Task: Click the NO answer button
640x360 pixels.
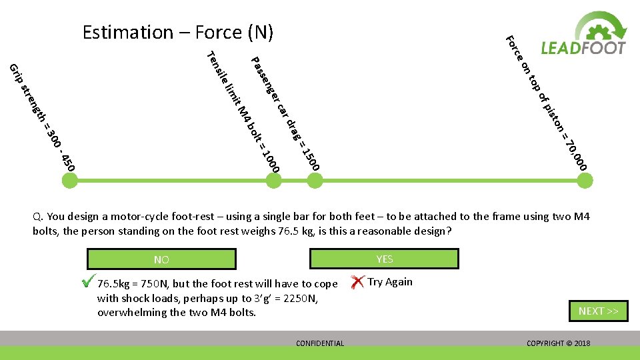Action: click(x=161, y=259)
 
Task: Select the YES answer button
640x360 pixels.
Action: click(x=385, y=259)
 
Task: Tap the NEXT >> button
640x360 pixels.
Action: click(x=598, y=311)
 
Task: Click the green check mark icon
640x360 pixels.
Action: click(x=86, y=282)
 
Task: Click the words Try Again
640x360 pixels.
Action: click(x=390, y=281)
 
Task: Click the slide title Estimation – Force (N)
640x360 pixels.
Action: click(x=178, y=32)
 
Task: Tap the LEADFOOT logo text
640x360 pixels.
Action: click(x=583, y=48)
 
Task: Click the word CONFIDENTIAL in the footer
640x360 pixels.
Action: click(x=320, y=343)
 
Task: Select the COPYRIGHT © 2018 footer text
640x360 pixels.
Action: click(x=558, y=343)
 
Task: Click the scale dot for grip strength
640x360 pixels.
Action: click(x=71, y=180)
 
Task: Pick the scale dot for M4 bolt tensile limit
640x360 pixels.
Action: click(x=273, y=180)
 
